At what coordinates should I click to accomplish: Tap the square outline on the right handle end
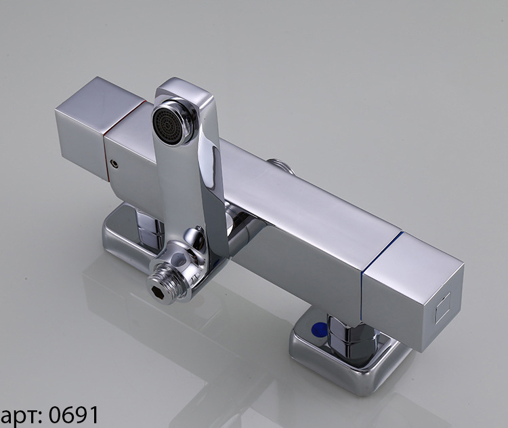[x=443, y=307]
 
